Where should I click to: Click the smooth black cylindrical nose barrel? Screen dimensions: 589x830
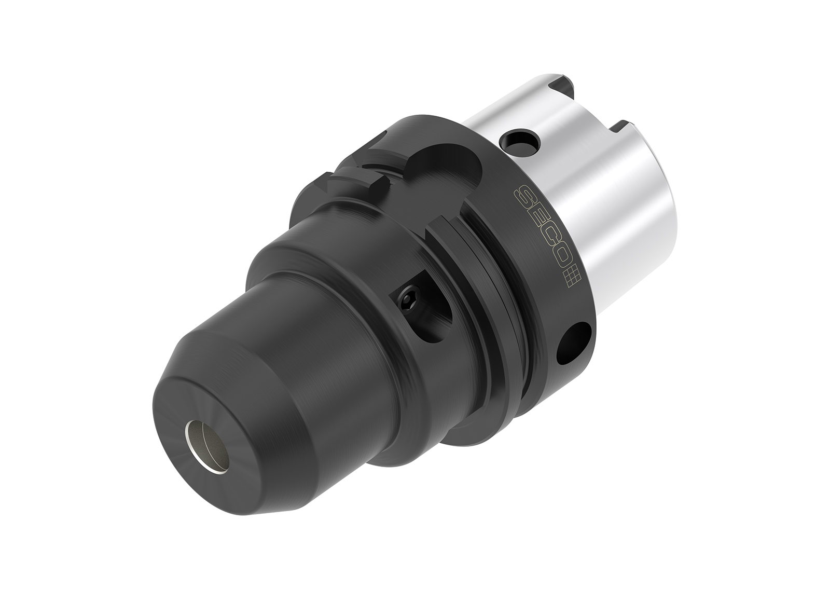click(322, 322)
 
